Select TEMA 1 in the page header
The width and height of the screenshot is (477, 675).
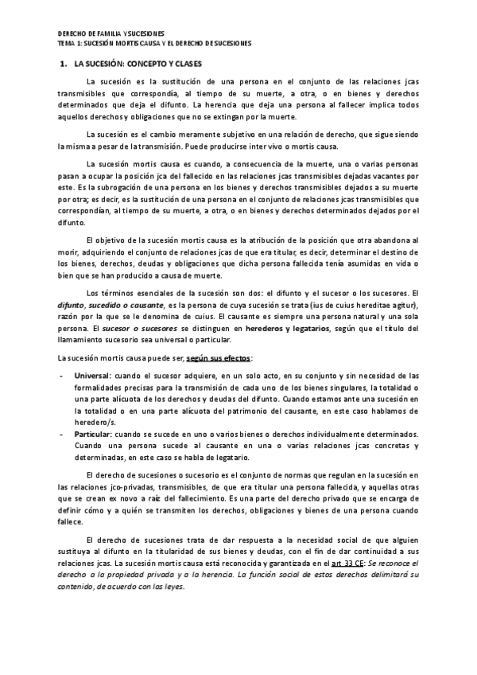point(68,43)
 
